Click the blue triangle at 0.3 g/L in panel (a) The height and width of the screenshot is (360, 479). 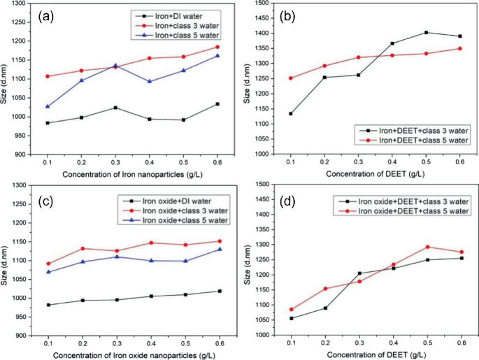tap(115, 66)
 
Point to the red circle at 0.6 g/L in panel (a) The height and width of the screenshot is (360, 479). tap(218, 47)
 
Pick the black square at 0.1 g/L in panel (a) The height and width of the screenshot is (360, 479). tap(47, 123)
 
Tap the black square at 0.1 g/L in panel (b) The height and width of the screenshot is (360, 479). tap(290, 113)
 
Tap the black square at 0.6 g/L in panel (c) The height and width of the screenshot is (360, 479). tap(220, 291)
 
